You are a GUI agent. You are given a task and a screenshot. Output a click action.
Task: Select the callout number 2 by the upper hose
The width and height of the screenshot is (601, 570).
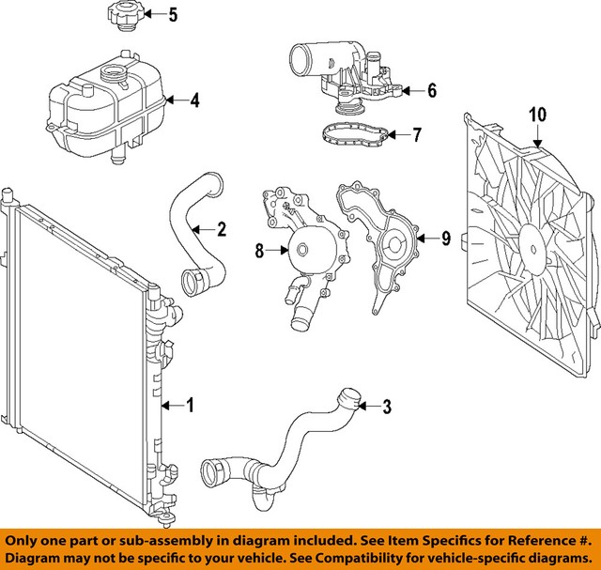[222, 228]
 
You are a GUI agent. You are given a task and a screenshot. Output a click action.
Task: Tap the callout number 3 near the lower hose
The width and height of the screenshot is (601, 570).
[385, 407]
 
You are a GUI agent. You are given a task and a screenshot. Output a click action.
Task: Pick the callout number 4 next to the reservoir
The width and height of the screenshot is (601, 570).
[194, 100]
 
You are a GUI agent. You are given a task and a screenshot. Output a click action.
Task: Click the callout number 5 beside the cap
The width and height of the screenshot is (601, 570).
[172, 14]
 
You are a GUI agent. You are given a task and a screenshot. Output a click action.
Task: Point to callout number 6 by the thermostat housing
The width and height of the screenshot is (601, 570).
[432, 91]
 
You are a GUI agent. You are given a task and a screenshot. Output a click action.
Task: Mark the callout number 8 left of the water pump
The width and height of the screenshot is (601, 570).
[259, 251]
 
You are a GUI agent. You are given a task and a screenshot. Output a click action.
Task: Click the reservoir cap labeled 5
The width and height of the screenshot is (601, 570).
[122, 16]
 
